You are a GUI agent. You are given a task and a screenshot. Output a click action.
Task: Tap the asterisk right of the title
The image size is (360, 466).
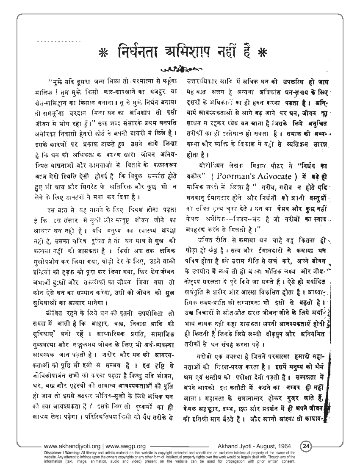pyautogui.click(x=263, y=55)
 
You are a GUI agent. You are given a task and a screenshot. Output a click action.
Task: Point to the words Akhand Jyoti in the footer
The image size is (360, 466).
pyautogui.click(x=235, y=446)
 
